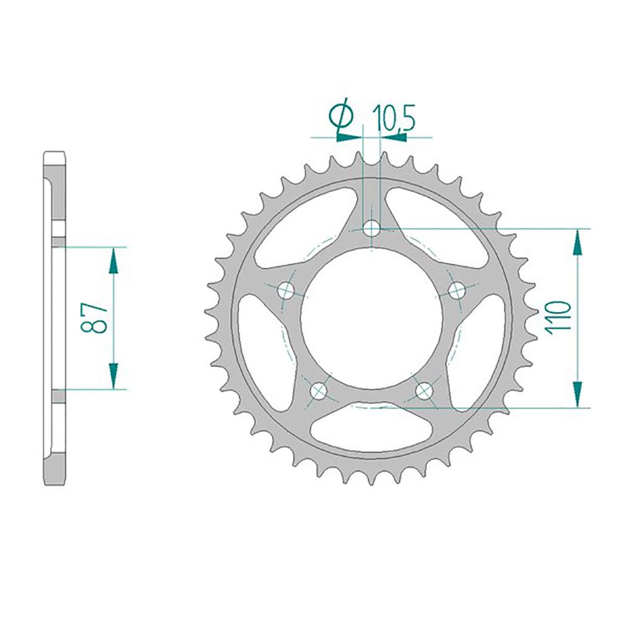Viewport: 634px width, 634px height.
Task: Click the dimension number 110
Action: (558, 318)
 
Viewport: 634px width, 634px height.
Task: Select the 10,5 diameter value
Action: (394, 118)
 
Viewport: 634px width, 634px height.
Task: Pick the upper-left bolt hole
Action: (287, 290)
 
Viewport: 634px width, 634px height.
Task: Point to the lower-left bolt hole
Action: (319, 390)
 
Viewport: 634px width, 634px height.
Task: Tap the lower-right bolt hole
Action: (424, 390)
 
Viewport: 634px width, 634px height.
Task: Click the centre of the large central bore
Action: (371, 318)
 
